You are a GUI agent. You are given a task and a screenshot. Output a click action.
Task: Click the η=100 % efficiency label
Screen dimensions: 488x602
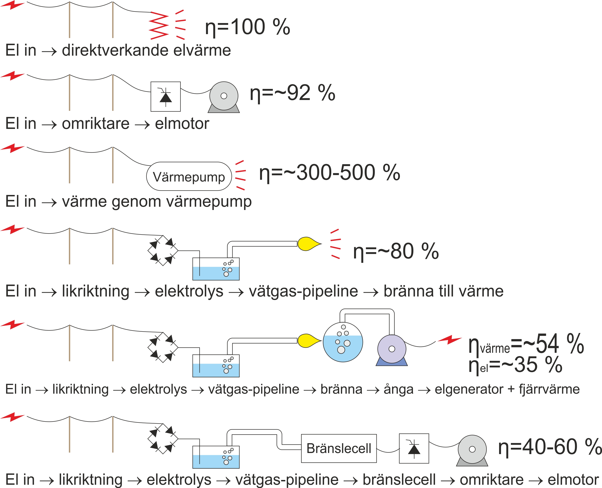pyautogui.click(x=247, y=27)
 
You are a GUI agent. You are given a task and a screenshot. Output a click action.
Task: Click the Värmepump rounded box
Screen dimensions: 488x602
pyautogui.click(x=189, y=177)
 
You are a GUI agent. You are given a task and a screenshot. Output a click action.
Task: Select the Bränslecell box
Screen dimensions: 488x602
pyautogui.click(x=339, y=448)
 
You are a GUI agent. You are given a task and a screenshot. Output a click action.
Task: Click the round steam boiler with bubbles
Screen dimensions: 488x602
pyautogui.click(x=343, y=342)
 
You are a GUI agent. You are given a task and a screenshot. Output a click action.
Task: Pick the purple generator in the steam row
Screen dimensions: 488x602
pyautogui.click(x=392, y=349)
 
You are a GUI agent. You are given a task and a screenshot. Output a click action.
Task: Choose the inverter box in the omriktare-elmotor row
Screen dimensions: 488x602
pyautogui.click(x=165, y=97)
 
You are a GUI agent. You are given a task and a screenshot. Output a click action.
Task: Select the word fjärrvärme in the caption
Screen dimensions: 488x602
pyautogui.click(x=549, y=389)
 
